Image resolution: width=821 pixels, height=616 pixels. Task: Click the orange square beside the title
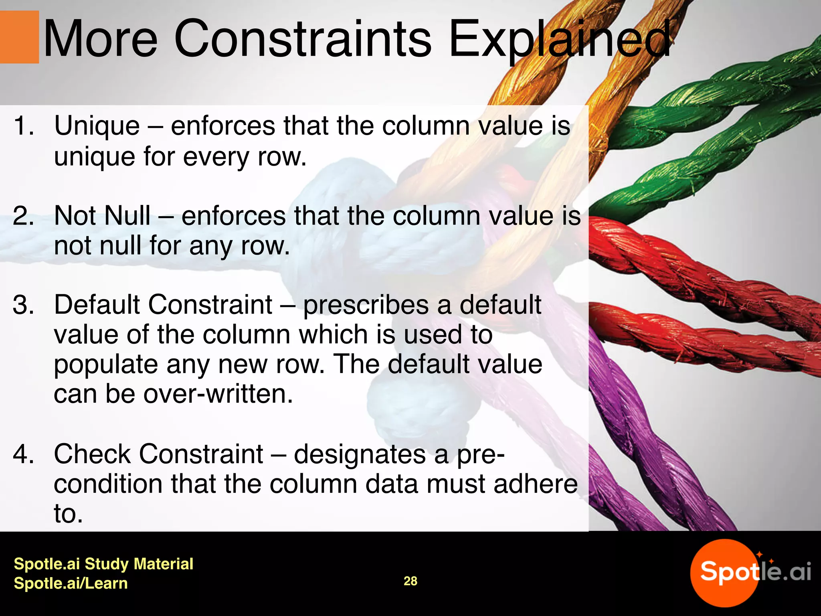click(x=19, y=37)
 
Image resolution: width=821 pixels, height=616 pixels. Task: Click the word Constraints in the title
click(x=303, y=39)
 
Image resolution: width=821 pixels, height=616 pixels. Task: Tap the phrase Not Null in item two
click(x=102, y=216)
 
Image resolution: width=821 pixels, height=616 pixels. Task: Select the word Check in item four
click(x=92, y=454)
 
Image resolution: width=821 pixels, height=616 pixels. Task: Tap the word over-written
click(x=218, y=394)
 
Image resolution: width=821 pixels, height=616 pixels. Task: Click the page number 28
click(x=410, y=581)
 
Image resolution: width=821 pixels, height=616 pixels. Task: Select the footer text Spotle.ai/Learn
click(x=71, y=583)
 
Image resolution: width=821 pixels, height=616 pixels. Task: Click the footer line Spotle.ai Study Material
click(x=103, y=564)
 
